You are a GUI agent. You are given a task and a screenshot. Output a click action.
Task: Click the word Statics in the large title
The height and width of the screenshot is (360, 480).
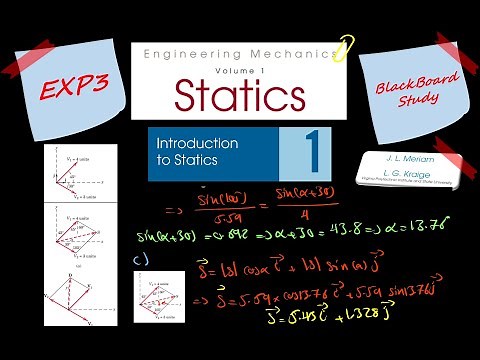point(240,94)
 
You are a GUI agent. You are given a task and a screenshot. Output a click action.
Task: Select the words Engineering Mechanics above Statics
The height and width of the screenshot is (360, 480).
point(240,51)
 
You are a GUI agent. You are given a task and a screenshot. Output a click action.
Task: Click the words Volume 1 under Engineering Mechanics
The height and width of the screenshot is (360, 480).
point(240,67)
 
